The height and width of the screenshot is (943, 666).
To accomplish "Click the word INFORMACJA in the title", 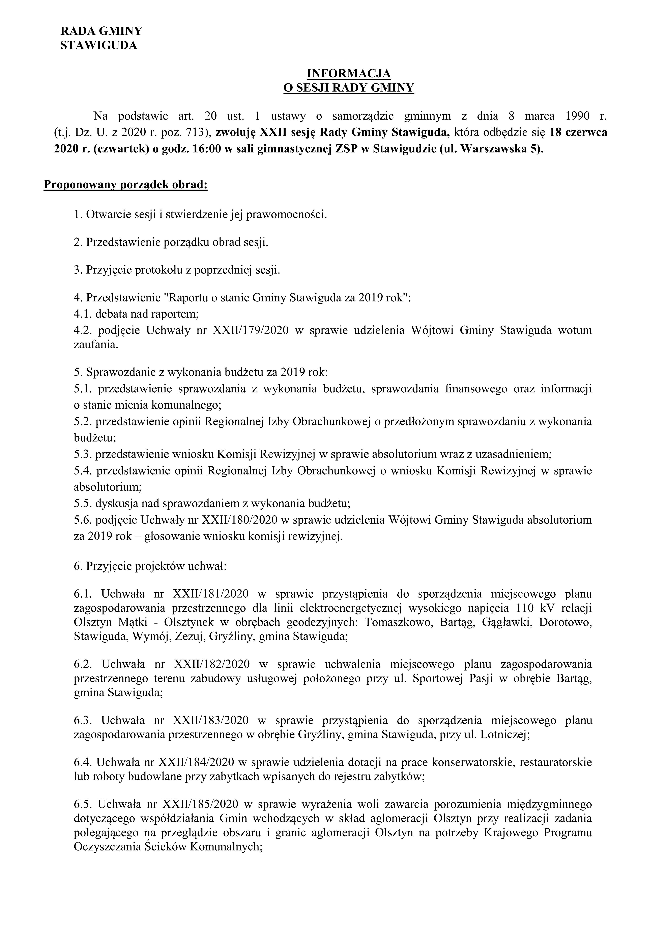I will [x=349, y=74].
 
